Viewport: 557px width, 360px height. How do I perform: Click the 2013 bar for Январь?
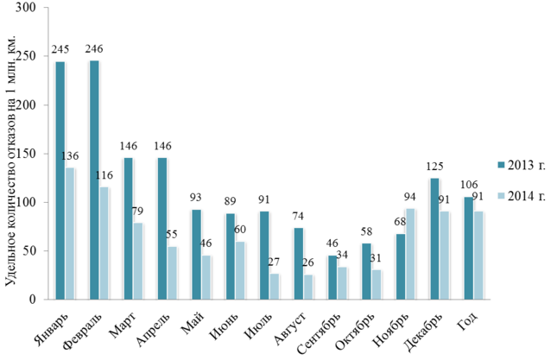click(60, 180)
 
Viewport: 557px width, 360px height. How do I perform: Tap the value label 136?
click(71, 156)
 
